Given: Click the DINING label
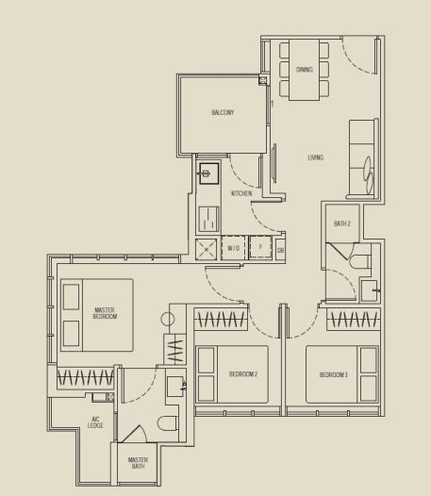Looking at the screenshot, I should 304,69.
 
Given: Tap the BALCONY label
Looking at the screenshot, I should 223,113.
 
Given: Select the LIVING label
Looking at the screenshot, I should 315,157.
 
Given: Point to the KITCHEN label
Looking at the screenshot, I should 241,193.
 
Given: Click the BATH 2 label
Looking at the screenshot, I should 342,223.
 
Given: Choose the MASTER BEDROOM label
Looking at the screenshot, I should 106,313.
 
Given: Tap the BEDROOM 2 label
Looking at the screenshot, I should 243,374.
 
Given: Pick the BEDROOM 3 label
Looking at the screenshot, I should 333,374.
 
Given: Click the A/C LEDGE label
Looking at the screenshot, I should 95,422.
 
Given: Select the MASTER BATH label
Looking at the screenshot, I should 138,463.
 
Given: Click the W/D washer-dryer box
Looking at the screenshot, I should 233,249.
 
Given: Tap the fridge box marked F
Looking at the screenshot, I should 259,249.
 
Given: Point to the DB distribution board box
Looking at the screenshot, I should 280,250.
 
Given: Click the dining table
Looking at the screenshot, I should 305,69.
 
